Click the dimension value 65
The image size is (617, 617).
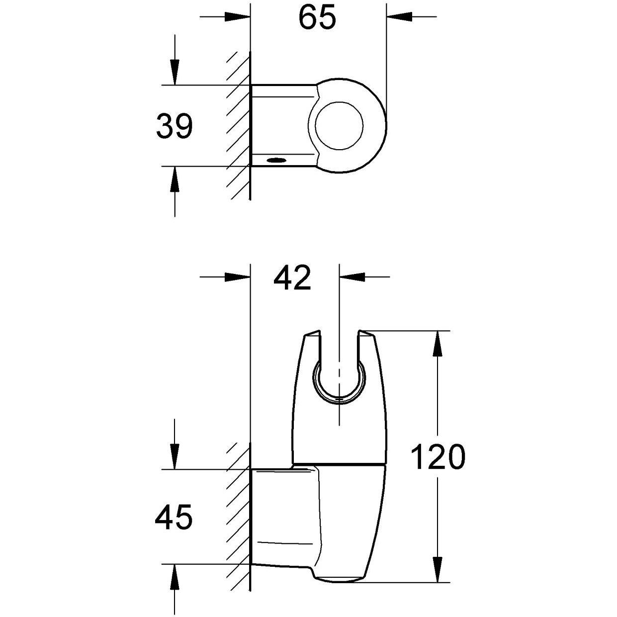317,18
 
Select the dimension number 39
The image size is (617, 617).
174,126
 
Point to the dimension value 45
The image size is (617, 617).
174,517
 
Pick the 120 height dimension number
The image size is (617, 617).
438,457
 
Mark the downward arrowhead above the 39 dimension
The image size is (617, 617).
174,73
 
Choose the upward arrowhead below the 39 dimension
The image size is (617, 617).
174,179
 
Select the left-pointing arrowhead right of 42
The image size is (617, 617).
352,277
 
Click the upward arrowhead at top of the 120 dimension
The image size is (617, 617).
438,343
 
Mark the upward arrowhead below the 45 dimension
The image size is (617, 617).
174,577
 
